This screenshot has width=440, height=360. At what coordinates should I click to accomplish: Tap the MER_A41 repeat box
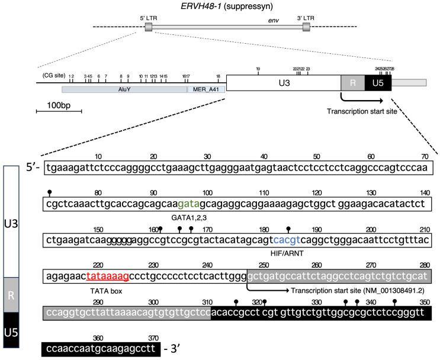click(x=205, y=89)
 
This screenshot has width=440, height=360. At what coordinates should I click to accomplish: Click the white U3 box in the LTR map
click(x=283, y=82)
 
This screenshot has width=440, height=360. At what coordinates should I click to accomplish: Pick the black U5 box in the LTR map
click(x=378, y=83)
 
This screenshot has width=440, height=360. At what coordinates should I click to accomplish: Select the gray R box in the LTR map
click(x=352, y=83)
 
